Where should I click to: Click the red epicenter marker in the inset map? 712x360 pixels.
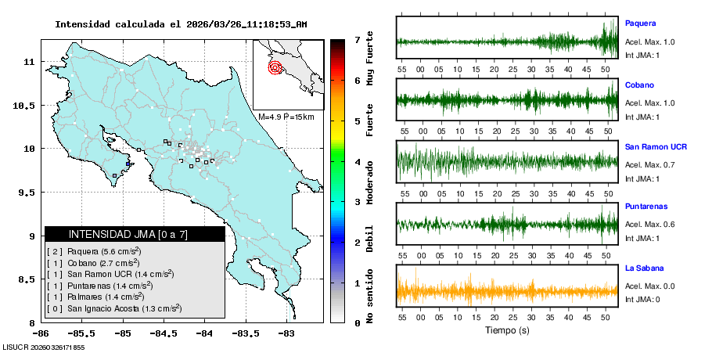[x=275, y=67]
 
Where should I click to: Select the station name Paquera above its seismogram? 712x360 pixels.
[x=640, y=23]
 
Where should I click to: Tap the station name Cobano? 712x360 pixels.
[x=639, y=85]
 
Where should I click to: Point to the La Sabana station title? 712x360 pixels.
[x=645, y=268]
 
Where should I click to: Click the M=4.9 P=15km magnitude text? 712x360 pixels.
[x=286, y=117]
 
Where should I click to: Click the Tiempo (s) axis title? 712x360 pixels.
[x=508, y=330]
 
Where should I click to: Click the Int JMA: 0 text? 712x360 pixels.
[x=642, y=299]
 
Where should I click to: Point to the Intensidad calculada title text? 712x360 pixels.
[x=180, y=24]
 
